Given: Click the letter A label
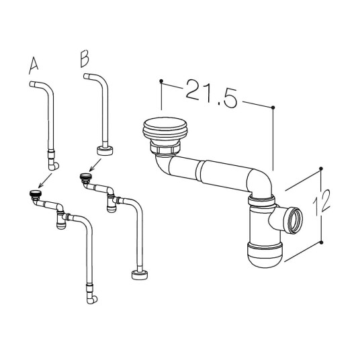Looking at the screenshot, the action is point(34,66).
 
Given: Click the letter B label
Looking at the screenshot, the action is point(85,58).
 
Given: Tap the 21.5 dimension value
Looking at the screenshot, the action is point(211,93).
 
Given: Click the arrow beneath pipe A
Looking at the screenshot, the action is point(45,181).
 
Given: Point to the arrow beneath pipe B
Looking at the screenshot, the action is point(95,165).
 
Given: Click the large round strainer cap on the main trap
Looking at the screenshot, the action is point(165,129).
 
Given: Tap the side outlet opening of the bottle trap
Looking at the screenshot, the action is point(293,220).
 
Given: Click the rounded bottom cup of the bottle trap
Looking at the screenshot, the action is point(265,255).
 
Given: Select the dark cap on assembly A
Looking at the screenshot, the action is point(36,193).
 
